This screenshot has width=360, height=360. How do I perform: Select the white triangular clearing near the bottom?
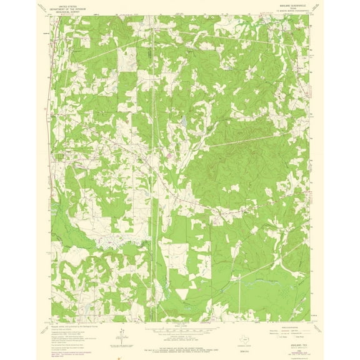(182, 292)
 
